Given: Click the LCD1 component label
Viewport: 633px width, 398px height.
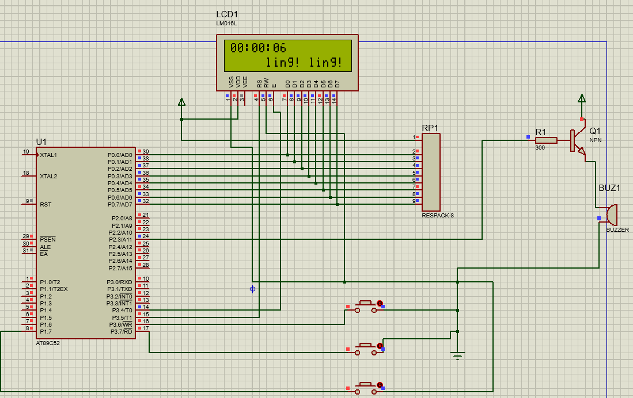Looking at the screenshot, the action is click(227, 14).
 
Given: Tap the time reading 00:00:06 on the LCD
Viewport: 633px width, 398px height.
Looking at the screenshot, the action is click(258, 48).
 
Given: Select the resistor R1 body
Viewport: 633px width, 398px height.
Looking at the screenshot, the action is click(546, 140).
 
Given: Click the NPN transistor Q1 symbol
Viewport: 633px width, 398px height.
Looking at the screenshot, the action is click(578, 140).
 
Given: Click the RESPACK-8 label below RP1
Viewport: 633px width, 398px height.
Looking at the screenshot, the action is click(438, 215).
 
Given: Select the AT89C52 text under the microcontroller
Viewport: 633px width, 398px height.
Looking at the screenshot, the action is click(48, 343).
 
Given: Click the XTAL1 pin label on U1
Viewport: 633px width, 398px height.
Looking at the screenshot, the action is click(48, 155).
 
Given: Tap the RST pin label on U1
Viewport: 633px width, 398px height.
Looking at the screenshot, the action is click(46, 204).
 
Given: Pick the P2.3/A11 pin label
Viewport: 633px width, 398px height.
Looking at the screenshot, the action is click(120, 239).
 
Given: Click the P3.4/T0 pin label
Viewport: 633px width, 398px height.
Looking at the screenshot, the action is click(122, 311).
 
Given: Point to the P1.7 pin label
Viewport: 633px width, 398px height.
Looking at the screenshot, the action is click(46, 331).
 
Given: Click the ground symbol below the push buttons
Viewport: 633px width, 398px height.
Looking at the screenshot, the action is click(457, 355).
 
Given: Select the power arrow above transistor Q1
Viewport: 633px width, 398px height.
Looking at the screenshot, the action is click(582, 98).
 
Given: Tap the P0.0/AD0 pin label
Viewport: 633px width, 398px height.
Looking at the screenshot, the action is click(120, 155).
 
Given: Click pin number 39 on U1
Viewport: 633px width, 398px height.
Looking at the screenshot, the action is click(146, 152).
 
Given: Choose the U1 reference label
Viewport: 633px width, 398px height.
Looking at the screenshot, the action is click(41, 141).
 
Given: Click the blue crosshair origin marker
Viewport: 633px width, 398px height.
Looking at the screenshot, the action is click(252, 289).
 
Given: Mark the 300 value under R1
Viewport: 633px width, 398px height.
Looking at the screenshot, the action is click(540, 148).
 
